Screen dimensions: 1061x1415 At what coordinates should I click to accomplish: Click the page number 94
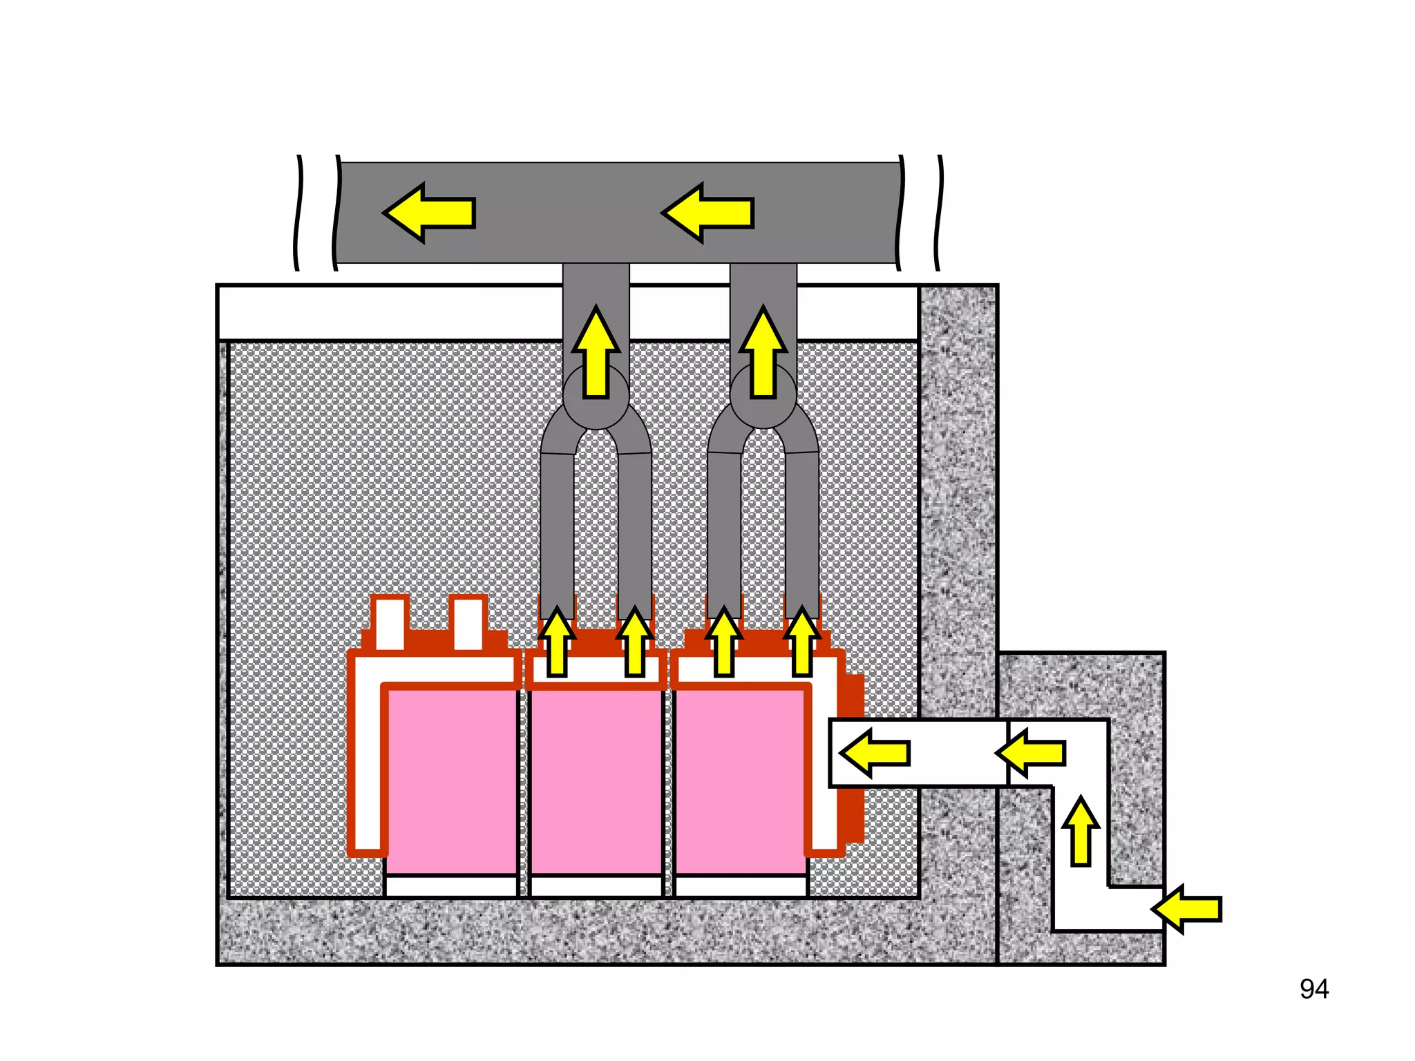point(1313,989)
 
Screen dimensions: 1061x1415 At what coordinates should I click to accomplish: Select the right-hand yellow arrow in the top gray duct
point(708,213)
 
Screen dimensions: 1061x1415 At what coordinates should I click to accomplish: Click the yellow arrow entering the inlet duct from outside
point(1187,909)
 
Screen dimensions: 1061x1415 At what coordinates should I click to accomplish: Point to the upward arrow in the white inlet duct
point(1081,832)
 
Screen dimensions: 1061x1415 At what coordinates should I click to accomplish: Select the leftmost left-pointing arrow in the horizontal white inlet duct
point(875,753)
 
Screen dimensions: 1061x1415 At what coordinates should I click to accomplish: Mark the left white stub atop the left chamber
point(390,624)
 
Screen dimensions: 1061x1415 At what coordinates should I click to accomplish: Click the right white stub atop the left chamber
point(468,624)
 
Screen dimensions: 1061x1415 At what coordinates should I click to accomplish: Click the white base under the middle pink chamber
point(596,886)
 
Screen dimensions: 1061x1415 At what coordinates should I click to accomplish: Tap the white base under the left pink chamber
point(451,886)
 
